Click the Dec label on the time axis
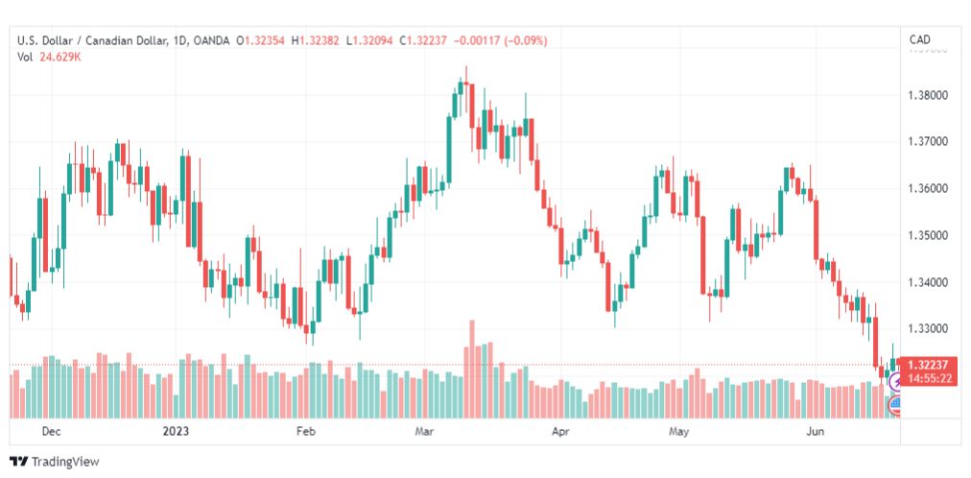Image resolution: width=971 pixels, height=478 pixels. point(52,431)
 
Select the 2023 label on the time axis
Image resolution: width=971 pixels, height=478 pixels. point(175,431)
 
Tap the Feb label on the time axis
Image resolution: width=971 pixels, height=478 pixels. point(305,431)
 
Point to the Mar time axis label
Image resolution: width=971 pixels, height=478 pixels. point(424,431)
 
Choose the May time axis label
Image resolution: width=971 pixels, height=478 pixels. point(678,431)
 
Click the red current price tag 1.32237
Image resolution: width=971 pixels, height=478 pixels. point(929,365)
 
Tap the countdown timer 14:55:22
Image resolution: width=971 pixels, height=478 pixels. point(929,378)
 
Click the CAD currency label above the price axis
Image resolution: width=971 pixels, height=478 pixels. point(919,39)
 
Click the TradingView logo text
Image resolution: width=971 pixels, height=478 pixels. point(64,462)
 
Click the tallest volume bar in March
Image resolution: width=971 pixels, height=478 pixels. point(472,369)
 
